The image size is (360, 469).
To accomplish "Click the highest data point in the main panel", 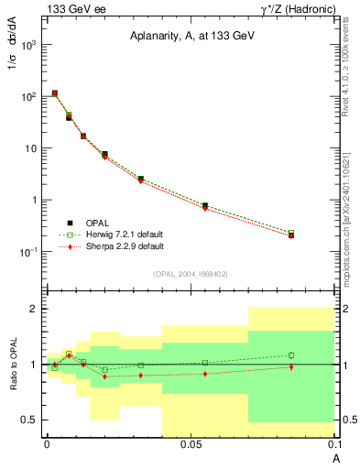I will click(55, 93).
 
